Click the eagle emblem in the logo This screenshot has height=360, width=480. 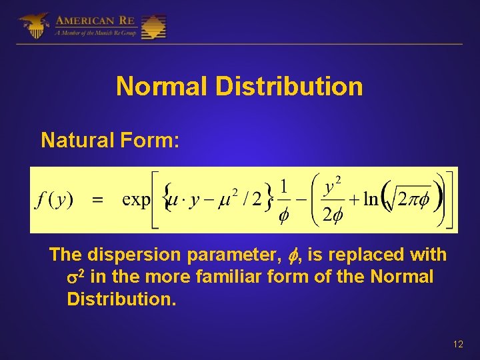click(x=33, y=25)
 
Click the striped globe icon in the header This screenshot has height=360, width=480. click(x=153, y=27)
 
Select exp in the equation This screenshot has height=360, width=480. click(x=137, y=201)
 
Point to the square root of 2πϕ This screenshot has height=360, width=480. click(x=409, y=201)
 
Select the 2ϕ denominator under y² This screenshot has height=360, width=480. click(x=331, y=215)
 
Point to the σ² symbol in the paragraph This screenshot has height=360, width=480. click(x=76, y=275)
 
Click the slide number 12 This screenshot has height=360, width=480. click(x=457, y=344)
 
